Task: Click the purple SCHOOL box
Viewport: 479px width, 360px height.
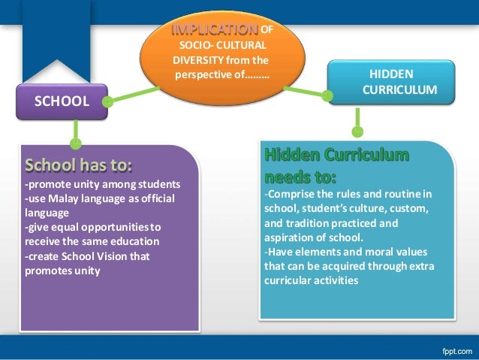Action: pos(59,100)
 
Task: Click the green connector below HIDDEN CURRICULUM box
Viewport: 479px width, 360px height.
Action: pos(357,119)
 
